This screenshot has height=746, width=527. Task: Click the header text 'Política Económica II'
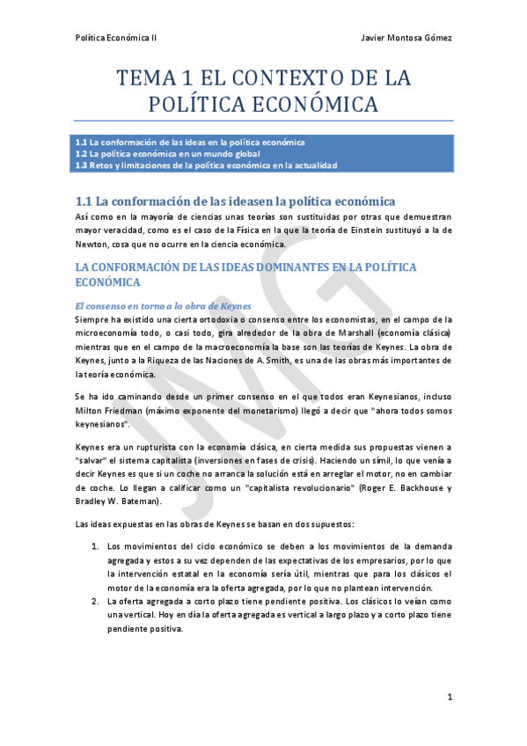tap(116, 39)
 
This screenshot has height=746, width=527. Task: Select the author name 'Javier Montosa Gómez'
tap(406, 39)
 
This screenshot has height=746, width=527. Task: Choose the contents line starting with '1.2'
tap(167, 153)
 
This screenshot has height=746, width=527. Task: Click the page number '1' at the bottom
tap(449, 697)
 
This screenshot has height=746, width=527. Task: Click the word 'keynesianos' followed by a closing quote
tap(99, 427)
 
